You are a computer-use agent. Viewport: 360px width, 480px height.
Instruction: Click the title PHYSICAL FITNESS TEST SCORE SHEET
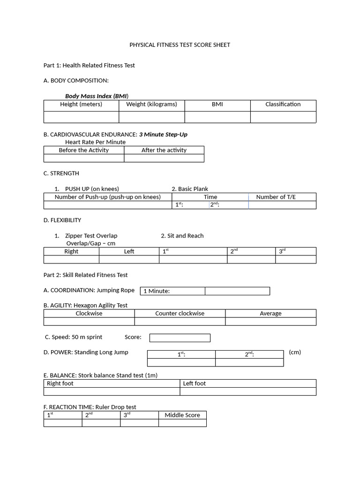(x=180, y=45)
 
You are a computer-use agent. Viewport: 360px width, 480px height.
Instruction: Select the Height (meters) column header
(x=81, y=105)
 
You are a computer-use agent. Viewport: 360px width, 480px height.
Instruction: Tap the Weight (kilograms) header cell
(x=151, y=105)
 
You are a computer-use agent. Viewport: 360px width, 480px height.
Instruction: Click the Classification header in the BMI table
(x=283, y=105)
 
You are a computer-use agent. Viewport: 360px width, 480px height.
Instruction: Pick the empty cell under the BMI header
(x=217, y=117)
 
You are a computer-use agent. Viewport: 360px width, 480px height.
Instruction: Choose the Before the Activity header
(x=83, y=150)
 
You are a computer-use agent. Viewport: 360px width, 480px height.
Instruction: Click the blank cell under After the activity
(x=164, y=158)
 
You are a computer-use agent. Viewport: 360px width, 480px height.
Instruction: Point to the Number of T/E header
(x=276, y=197)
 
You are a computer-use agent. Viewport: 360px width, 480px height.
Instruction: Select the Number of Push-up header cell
(x=107, y=197)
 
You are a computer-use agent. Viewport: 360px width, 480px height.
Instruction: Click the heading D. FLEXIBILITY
(x=62, y=220)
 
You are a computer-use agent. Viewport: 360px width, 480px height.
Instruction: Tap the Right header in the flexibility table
(x=71, y=252)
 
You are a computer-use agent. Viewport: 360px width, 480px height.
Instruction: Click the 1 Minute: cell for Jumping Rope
(x=172, y=291)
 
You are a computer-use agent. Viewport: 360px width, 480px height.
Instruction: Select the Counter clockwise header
(x=180, y=314)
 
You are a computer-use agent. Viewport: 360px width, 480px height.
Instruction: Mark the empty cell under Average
(x=270, y=322)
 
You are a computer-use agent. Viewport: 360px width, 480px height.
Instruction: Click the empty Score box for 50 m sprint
(x=180, y=337)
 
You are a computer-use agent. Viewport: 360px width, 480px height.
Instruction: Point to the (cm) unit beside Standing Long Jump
(x=295, y=352)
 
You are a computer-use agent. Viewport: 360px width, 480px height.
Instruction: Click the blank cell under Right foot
(x=112, y=391)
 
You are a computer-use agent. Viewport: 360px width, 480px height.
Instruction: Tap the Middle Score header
(x=182, y=415)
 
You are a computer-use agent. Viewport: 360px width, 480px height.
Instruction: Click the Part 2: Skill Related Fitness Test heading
(x=85, y=275)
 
